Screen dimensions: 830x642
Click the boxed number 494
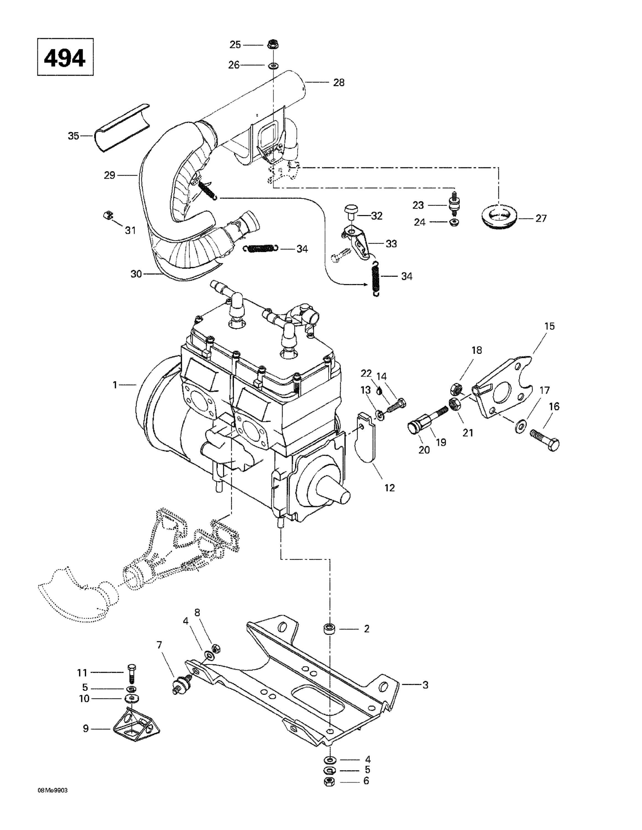coord(65,57)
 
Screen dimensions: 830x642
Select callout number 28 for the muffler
coord(339,82)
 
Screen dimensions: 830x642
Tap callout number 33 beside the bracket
coord(391,243)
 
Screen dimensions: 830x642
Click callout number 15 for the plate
coord(549,326)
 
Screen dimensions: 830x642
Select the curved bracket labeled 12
coord(366,440)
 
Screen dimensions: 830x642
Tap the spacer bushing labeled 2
coord(329,629)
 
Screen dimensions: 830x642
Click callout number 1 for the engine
coord(115,385)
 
